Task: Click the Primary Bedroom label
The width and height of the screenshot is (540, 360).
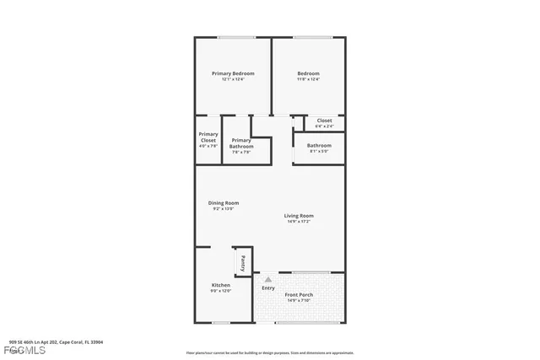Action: point(233,73)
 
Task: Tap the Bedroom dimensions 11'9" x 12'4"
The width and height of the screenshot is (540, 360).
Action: point(308,79)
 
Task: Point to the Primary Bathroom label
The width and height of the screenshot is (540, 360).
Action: point(241,143)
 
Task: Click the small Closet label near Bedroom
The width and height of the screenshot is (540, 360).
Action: point(324,121)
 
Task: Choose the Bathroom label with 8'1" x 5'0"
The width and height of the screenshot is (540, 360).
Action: point(319,145)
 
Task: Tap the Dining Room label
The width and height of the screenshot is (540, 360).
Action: point(224,202)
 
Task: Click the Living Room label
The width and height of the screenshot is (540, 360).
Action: point(299,216)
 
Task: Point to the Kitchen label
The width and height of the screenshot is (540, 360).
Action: point(220,285)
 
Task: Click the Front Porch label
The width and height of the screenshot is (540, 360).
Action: point(300,294)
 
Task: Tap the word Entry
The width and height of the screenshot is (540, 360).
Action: point(268,288)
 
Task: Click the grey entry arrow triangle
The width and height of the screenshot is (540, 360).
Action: point(268,278)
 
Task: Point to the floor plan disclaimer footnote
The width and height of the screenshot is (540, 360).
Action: point(270,352)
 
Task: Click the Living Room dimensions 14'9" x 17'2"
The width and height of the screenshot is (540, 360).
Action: point(299,222)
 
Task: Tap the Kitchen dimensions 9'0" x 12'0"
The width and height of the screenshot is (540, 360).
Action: point(220,291)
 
